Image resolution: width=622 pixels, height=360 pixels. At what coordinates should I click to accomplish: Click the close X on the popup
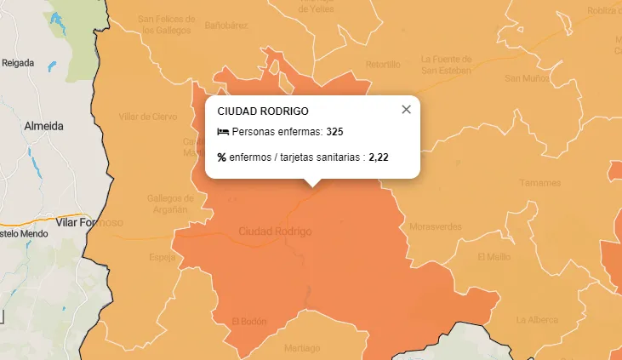coord(406,109)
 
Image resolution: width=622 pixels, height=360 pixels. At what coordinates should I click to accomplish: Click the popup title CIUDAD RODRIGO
coord(263,111)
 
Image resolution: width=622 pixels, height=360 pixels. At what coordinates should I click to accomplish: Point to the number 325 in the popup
coord(334,132)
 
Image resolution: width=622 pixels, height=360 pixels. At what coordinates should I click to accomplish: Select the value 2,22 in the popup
coord(379,157)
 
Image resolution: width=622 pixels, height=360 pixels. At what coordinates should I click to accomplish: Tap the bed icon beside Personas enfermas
coord(223,132)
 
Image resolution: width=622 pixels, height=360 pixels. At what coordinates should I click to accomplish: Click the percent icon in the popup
coord(222,157)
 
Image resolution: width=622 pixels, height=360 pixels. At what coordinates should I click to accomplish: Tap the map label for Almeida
coord(44,125)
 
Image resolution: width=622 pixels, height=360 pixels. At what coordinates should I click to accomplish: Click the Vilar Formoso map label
coord(89,222)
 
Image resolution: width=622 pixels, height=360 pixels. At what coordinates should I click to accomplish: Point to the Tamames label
coord(540,183)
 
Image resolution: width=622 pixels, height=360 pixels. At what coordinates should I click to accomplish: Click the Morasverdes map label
coord(435,227)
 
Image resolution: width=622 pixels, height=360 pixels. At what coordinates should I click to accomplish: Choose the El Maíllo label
coord(494,256)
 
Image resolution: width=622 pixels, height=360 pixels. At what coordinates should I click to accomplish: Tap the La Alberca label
coord(537,320)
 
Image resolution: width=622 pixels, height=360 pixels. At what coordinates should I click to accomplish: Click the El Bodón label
coord(249,321)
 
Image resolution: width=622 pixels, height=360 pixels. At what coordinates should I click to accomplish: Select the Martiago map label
coord(302,348)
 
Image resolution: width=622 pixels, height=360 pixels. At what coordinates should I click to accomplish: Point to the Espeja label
coord(162,257)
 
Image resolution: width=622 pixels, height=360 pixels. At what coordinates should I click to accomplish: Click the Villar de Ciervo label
coord(148,117)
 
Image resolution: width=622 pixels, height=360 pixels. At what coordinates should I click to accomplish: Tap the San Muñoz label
coord(527,78)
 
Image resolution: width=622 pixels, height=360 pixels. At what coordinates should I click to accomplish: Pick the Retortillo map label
coord(383,64)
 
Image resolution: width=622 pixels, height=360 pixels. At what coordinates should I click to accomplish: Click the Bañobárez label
coord(225,26)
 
